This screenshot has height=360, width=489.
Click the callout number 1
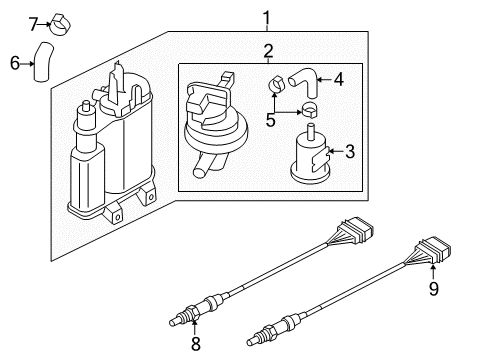267,18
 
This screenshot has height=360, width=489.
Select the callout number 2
268,51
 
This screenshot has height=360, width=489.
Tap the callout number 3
350,152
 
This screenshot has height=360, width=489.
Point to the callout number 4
338,79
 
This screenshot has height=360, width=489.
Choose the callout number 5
270,120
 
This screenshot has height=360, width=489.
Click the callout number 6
15,63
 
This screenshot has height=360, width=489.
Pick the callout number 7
33,24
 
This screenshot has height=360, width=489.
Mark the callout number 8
196,344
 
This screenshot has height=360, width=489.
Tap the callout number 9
433,288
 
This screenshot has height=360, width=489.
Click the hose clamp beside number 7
60,25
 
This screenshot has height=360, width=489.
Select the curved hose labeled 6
43,62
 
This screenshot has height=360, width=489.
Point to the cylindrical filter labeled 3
310,155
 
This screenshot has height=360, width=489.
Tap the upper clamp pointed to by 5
276,84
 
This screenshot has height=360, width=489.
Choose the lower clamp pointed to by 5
309,110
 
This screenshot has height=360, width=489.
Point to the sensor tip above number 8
175,322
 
